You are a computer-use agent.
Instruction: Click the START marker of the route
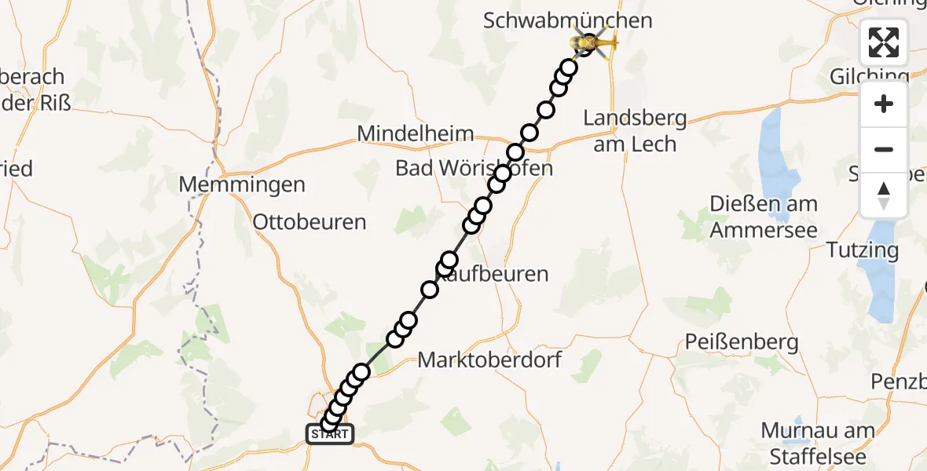330,433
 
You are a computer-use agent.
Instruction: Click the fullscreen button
884,42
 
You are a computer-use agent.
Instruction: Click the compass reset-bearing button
884,195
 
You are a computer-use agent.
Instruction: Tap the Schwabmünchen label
568,20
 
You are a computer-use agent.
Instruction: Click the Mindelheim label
416,133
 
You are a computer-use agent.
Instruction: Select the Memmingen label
242,185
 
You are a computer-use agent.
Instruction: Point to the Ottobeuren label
310,222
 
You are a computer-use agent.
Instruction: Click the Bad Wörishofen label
474,168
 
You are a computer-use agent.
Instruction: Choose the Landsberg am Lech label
635,131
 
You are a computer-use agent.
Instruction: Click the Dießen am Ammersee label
763,217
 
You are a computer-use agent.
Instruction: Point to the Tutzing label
863,250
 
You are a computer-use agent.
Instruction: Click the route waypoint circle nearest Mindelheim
515,152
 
